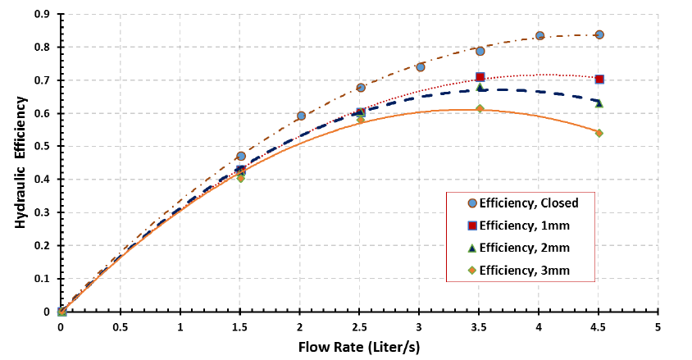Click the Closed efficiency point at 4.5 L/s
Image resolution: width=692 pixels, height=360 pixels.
pos(599,35)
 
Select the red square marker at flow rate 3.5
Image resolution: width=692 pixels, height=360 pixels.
pos(480,77)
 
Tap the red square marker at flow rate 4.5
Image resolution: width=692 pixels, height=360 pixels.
pos(599,80)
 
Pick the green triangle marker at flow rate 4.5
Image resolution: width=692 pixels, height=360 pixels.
pos(599,103)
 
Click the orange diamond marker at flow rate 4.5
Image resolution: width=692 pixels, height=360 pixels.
pos(599,133)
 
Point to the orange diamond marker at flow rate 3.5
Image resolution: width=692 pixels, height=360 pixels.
pos(480,109)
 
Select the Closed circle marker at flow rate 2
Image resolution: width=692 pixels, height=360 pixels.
pos(301,116)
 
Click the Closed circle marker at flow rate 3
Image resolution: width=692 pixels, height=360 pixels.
pos(421,67)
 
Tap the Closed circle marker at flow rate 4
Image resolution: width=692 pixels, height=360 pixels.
pos(539,36)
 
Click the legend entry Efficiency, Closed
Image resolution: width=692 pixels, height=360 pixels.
pos(529,203)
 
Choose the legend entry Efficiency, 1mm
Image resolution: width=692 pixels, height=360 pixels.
pos(523,226)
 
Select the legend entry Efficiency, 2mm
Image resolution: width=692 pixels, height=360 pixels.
pos(523,248)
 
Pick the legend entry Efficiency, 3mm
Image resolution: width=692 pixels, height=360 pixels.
pos(523,270)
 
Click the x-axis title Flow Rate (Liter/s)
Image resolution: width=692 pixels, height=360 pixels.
pos(359,347)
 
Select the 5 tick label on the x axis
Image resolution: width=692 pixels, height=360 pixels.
pos(658,326)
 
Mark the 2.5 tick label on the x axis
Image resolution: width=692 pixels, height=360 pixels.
pos(360,326)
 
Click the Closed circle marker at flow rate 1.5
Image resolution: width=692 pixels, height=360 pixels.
pos(241,156)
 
